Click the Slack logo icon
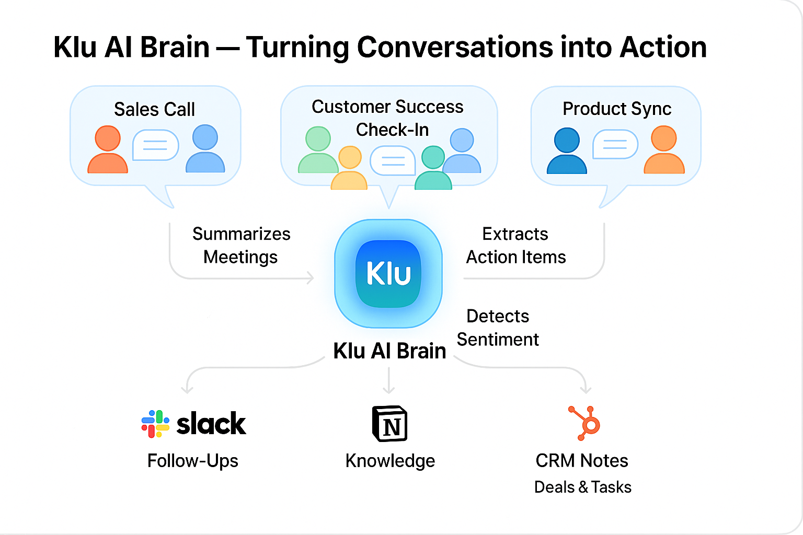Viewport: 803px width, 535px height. (x=155, y=424)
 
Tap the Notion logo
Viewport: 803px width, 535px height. (x=389, y=424)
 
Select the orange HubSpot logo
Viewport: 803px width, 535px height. (x=585, y=423)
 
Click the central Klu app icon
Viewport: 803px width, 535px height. (x=388, y=273)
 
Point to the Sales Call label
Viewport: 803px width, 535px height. (x=154, y=109)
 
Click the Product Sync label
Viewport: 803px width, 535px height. (x=617, y=109)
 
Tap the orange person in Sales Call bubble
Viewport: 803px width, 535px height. (x=108, y=150)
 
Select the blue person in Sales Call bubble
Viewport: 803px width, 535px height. (x=205, y=149)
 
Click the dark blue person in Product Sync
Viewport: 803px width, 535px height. (x=567, y=151)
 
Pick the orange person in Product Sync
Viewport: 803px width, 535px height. (x=664, y=150)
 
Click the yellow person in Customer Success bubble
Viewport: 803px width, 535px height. (x=350, y=168)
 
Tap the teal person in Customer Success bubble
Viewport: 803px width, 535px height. (x=433, y=168)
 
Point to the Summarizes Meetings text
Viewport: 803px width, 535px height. (x=241, y=246)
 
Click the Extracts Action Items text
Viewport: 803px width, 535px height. (x=515, y=246)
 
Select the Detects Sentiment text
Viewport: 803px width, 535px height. (x=498, y=328)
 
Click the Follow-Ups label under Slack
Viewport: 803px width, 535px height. (x=193, y=461)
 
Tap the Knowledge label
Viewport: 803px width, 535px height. (x=390, y=461)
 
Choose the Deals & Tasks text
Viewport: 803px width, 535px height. (x=582, y=487)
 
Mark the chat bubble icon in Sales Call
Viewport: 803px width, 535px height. (x=155, y=145)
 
